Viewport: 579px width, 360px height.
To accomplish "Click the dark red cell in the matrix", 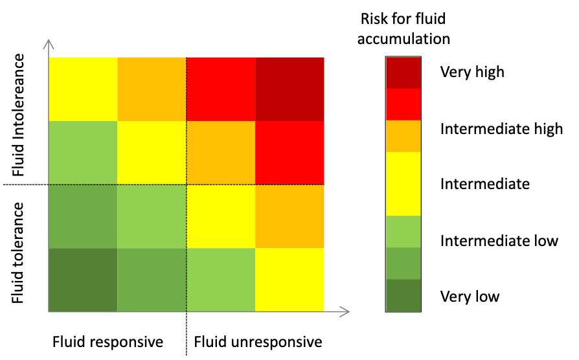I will coord(289,89).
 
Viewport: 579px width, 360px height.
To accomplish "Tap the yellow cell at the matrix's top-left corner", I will coord(83,89).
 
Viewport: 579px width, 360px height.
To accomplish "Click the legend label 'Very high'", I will coord(471,72).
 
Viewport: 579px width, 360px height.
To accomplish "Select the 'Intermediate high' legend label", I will coord(501,129).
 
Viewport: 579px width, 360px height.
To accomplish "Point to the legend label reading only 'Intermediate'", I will coord(484,185).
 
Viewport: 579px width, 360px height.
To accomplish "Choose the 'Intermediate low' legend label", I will coord(499,241).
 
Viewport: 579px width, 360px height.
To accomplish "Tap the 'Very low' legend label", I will coord(470,297).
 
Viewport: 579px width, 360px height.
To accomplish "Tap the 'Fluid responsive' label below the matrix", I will coord(108,341).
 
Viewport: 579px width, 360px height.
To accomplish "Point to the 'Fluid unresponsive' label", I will coord(258,341).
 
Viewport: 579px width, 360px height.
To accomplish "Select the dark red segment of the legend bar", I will coord(403,73).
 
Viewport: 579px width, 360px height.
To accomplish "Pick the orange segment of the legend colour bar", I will coord(403,136).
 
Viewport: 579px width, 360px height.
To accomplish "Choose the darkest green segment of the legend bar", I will coord(403,296).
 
